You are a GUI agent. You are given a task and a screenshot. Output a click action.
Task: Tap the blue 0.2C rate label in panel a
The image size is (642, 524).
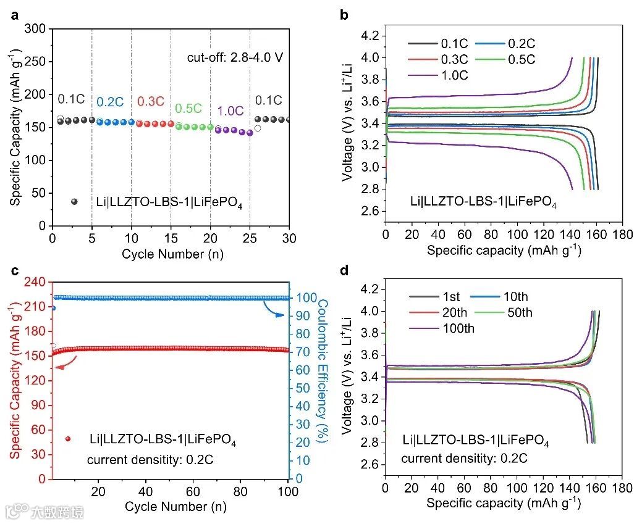pyautogui.click(x=108, y=102)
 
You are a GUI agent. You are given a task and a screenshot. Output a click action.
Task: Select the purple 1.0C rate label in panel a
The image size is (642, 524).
pyautogui.click(x=229, y=111)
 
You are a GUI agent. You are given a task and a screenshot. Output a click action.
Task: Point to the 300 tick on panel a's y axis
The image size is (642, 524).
pyautogui.click(x=37, y=29)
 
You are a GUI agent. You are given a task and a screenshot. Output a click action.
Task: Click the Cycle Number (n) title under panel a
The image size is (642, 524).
pyautogui.click(x=171, y=254)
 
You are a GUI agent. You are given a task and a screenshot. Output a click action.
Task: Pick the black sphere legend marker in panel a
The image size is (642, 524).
pyautogui.click(x=75, y=201)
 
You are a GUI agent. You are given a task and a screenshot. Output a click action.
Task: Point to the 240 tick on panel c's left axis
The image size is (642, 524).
pyautogui.click(x=37, y=282)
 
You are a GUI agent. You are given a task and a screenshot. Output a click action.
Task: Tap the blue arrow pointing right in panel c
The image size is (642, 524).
pyautogui.click(x=274, y=309)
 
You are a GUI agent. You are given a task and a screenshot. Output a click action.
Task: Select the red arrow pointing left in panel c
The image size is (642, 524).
pyautogui.click(x=64, y=365)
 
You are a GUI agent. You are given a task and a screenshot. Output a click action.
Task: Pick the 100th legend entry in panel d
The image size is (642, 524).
pyautogui.click(x=458, y=328)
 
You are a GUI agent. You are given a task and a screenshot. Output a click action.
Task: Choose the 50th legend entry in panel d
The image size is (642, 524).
pyautogui.click(x=518, y=312)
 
